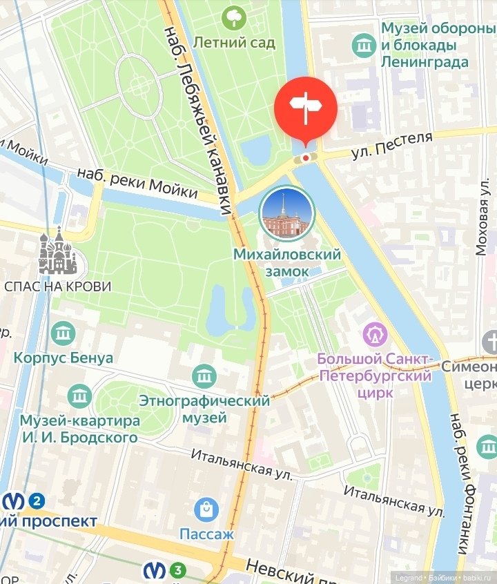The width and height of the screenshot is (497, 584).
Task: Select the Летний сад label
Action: click(x=234, y=43)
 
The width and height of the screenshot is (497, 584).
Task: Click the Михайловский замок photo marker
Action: click(x=286, y=213)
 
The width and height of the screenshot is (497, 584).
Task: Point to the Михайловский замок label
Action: click(x=287, y=263)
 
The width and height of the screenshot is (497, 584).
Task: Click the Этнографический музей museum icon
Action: click(x=204, y=376)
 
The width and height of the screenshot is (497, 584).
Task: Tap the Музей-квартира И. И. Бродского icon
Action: click(x=80, y=396)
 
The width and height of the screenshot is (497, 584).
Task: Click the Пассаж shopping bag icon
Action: click(x=206, y=511)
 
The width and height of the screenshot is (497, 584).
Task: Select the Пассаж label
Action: click(x=206, y=534)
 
